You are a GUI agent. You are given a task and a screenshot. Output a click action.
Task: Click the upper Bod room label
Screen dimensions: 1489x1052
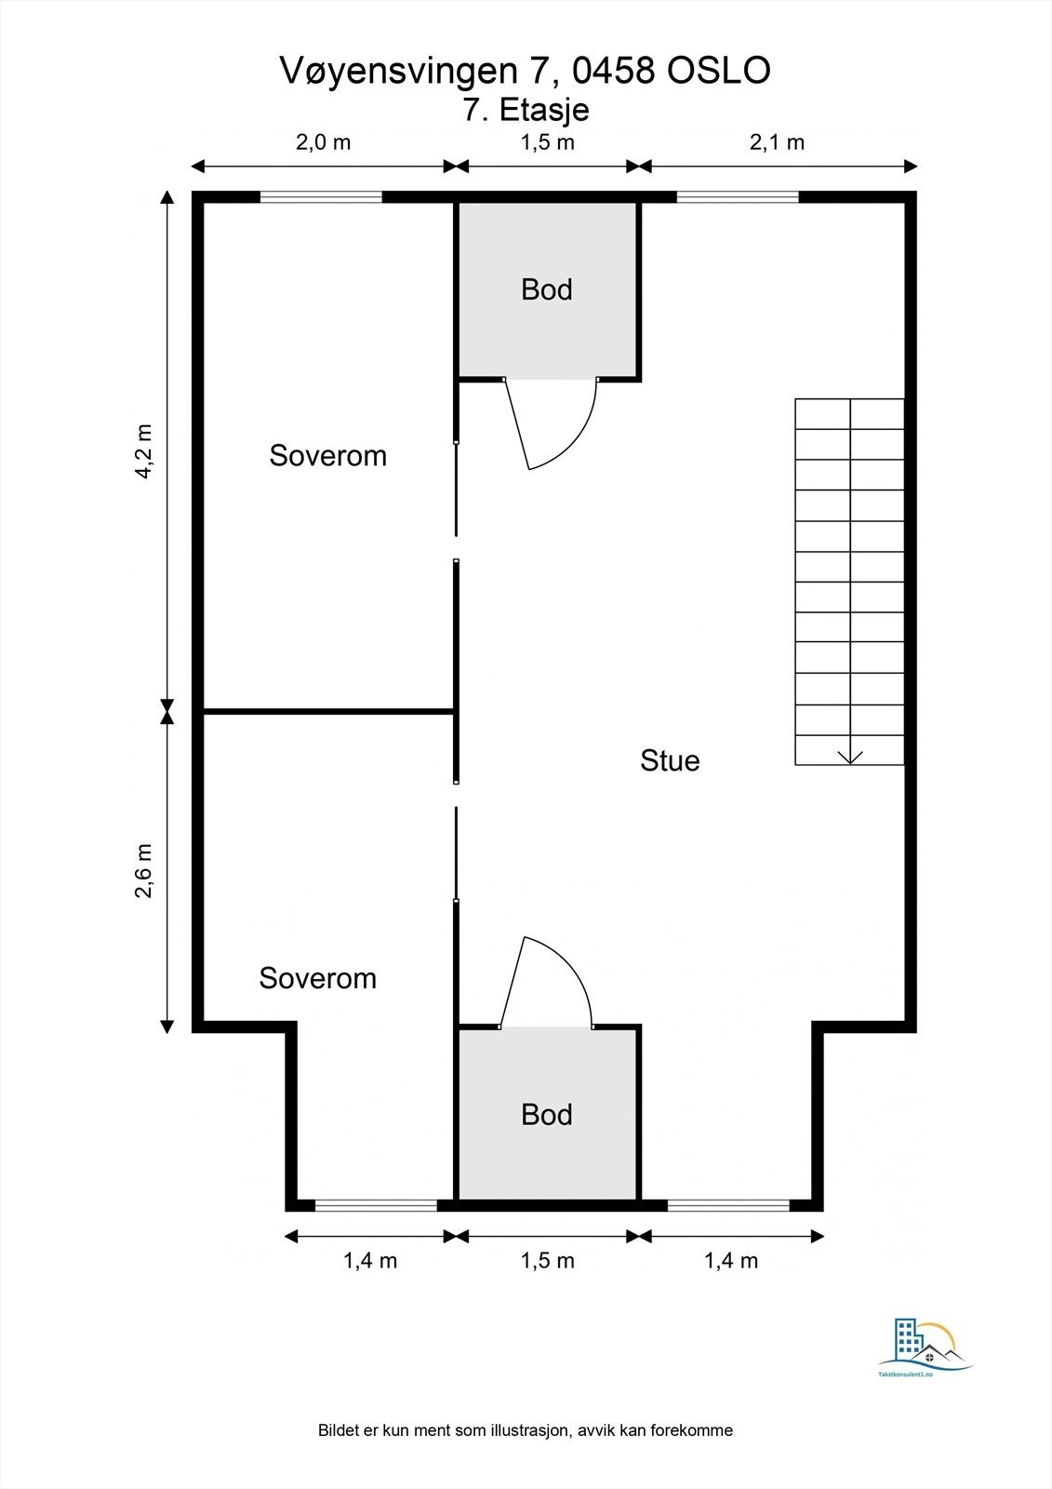546,289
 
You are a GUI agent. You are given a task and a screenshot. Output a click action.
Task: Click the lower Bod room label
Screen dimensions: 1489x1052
546,1114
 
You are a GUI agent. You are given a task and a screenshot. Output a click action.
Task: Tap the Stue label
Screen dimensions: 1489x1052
670,760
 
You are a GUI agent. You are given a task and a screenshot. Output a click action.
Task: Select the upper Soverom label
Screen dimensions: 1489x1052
327,455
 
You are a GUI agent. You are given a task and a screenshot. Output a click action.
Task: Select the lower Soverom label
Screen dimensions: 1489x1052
317,978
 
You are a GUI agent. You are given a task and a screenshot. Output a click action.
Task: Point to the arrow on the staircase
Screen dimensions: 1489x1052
850,755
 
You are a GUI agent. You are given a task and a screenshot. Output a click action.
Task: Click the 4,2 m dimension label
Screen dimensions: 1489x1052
143,451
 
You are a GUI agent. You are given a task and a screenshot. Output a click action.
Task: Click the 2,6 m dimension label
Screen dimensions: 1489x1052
143,871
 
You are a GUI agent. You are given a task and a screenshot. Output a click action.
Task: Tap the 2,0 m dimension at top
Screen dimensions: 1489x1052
323,142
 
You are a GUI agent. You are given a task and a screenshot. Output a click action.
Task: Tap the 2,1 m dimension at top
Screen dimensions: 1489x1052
777,142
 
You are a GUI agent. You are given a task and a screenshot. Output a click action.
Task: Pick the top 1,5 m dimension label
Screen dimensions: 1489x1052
547,142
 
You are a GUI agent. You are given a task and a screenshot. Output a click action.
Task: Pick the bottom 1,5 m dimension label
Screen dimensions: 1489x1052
547,1260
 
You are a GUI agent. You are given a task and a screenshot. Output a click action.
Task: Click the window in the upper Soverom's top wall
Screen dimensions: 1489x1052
321,196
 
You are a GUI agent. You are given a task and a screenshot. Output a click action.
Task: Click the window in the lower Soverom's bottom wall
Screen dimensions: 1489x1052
376,1205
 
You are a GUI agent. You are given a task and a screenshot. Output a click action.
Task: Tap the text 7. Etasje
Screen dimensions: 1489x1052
526,110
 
